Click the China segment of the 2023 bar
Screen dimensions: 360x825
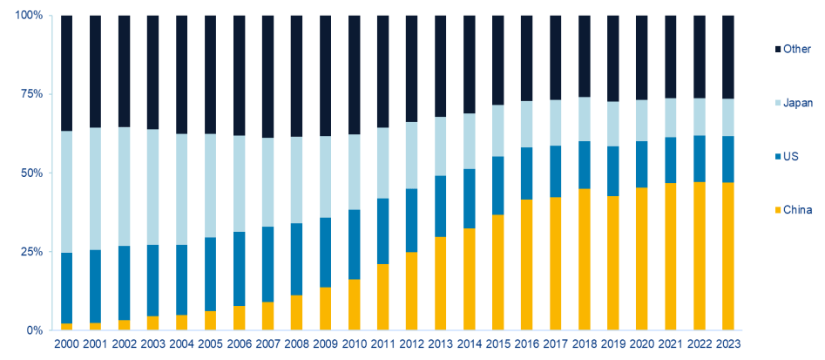point(728,256)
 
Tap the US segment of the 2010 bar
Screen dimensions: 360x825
point(355,244)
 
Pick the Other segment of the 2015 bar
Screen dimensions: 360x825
point(498,60)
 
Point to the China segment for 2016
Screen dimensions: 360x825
point(527,265)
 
